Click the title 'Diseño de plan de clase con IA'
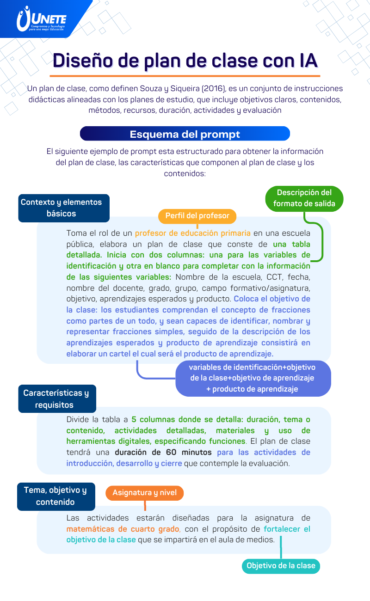click(x=185, y=60)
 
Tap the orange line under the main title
click(x=185, y=76)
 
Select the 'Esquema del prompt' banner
click(x=185, y=134)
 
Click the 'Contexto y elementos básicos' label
click(x=63, y=208)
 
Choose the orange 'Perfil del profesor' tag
click(x=197, y=216)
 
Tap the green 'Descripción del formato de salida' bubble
click(x=304, y=198)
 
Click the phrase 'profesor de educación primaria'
click(x=193, y=233)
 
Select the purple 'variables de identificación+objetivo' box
click(x=253, y=378)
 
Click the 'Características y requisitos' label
click(x=57, y=399)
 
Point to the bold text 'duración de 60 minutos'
click(x=163, y=452)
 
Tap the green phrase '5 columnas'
click(x=153, y=419)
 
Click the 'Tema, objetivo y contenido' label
click(x=56, y=496)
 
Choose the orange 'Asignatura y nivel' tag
click(x=145, y=493)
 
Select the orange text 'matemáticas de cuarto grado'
click(x=123, y=529)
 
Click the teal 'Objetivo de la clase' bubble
click(x=281, y=565)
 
